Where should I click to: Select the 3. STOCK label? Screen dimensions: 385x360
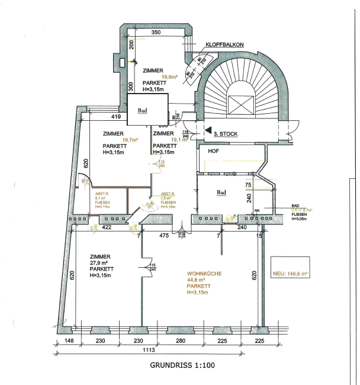[225, 134]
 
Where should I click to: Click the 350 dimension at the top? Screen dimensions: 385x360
[156, 32]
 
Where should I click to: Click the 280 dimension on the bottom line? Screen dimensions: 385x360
[181, 341]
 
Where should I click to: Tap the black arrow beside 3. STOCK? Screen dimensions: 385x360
[207, 129]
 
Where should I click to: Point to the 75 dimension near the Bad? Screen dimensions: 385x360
[248, 184]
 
